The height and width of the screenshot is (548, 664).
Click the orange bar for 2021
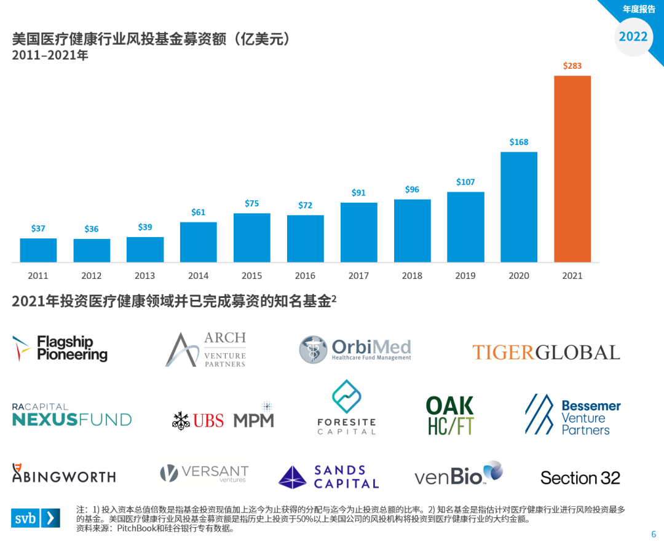point(572,169)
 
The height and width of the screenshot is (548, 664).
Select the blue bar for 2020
point(519,207)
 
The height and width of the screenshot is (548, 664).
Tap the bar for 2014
point(199,242)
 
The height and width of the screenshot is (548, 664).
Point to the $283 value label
point(572,66)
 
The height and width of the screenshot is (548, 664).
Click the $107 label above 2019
point(465,182)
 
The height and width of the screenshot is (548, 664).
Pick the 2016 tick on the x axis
point(306,276)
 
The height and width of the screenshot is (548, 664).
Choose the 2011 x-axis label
point(38,276)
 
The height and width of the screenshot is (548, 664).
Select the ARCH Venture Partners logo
point(206,350)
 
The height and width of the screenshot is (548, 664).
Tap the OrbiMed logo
point(355,349)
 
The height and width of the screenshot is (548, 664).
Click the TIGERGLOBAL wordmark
point(546,353)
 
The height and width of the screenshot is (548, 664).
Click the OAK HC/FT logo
point(450,415)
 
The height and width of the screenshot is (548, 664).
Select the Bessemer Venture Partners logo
point(572,417)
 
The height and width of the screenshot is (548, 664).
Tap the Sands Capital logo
point(328,477)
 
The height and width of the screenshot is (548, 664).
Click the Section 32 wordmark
point(580,478)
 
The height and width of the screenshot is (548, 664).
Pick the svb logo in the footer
point(36,518)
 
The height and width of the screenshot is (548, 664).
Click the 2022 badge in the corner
point(633,36)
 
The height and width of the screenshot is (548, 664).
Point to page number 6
point(654,534)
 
